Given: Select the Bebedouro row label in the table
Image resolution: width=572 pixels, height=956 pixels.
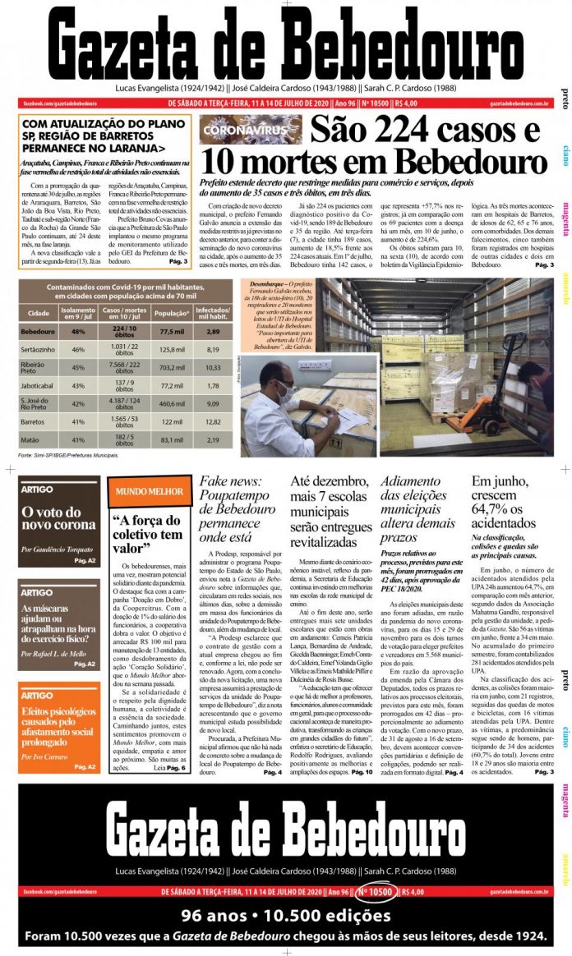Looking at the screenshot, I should [x=38, y=330].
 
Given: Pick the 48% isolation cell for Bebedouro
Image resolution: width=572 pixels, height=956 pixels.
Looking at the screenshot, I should [x=79, y=330].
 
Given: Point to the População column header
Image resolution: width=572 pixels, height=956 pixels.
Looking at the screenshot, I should [x=172, y=313].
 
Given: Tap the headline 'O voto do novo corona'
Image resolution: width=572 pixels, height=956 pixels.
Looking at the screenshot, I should [x=58, y=518].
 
